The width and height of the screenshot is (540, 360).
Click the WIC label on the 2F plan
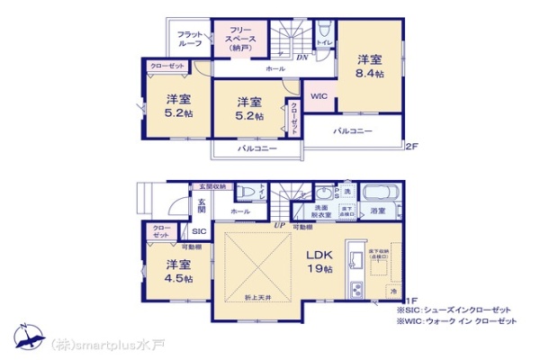click(319, 96)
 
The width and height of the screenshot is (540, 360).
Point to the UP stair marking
click(281, 226)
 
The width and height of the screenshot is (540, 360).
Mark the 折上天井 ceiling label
click(257, 297)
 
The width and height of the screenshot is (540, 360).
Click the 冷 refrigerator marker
click(393, 292)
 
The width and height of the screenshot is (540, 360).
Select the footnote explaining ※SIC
click(460, 310)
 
